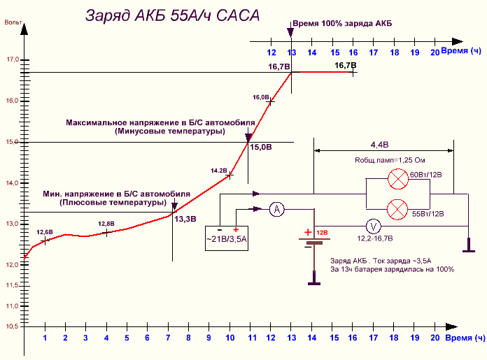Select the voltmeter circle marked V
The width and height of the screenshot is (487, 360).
click(374, 226)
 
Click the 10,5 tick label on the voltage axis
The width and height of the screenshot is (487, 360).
click(13, 326)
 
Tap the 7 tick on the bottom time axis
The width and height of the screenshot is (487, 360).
click(168, 338)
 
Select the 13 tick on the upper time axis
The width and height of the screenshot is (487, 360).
click(292, 52)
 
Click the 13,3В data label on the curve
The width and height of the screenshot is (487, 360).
click(185, 219)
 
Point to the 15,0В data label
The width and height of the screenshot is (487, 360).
click(260, 147)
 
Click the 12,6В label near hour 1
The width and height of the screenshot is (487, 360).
click(44, 231)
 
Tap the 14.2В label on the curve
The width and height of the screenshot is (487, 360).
click(219, 170)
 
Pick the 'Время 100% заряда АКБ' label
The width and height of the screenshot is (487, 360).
click(341, 23)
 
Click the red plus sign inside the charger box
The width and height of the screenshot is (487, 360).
click(236, 229)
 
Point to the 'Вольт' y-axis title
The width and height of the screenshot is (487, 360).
click(12, 24)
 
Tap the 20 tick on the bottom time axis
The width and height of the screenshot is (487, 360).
click(436, 338)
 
